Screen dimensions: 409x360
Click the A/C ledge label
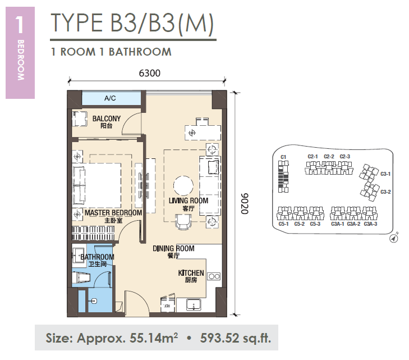pos(110,98)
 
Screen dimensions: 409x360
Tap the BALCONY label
pos(107,119)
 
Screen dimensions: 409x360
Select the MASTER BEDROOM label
pos(113,213)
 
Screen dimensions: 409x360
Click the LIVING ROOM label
pos(189,200)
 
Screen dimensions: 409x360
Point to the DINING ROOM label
pos(173,248)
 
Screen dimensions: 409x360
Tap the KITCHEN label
pos(191,273)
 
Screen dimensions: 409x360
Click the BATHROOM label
pos(97,257)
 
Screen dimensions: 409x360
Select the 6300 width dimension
pos(149,73)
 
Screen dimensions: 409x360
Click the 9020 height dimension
pos(245,204)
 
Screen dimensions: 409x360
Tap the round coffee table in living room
pos(183,185)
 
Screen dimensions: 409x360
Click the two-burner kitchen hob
pos(214,276)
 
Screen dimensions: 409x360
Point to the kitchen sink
pos(194,305)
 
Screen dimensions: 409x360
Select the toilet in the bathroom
pos(81,277)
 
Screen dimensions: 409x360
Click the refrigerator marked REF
pos(168,303)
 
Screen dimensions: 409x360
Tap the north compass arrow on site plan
pos(394,238)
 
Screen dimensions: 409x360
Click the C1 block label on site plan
pos(283,157)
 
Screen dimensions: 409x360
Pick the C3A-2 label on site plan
pos(353,224)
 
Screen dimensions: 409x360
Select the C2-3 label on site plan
pos(345,156)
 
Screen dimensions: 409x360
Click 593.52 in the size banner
pos(219,338)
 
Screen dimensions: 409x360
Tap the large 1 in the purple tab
pos(20,25)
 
